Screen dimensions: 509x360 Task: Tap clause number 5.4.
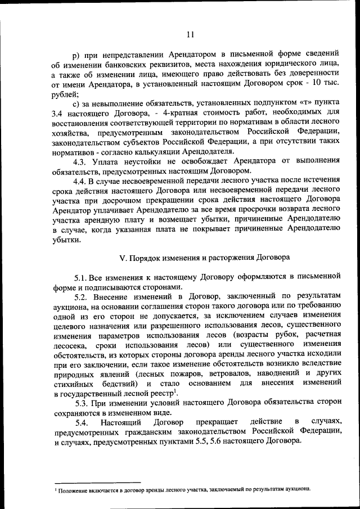click(x=82, y=422)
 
